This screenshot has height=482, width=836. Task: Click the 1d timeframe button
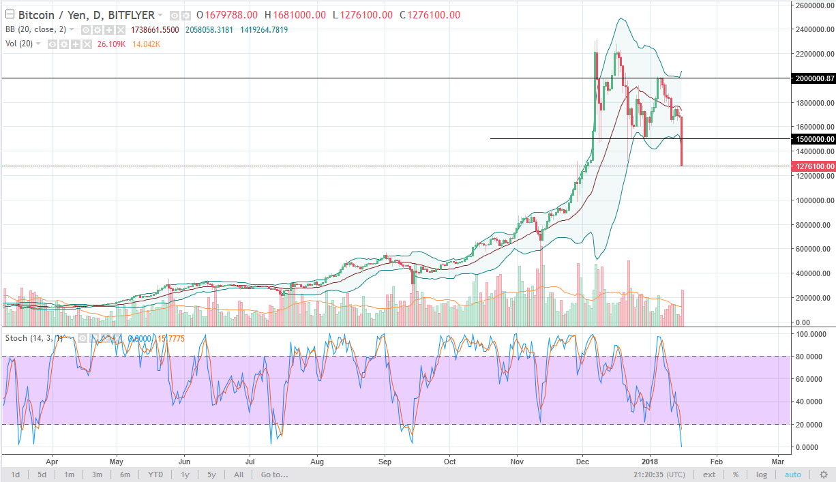pyautogui.click(x=15, y=475)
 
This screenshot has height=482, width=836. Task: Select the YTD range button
pyautogui.click(x=155, y=475)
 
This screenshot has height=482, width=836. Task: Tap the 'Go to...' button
pyautogui.click(x=274, y=475)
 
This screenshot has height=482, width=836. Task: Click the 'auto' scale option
pyautogui.click(x=793, y=475)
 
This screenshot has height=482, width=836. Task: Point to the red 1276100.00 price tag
pyautogui.click(x=813, y=166)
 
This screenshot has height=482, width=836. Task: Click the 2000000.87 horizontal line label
pyautogui.click(x=813, y=78)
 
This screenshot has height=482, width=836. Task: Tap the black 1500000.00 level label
pyautogui.click(x=813, y=139)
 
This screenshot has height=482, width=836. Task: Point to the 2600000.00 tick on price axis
pyautogui.click(x=813, y=5)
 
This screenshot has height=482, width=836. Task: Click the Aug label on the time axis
pyautogui.click(x=317, y=461)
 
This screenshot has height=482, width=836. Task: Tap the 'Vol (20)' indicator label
pyautogui.click(x=20, y=43)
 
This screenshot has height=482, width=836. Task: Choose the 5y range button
pyautogui.click(x=211, y=475)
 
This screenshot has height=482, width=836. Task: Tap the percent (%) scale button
pyautogui.click(x=736, y=475)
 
